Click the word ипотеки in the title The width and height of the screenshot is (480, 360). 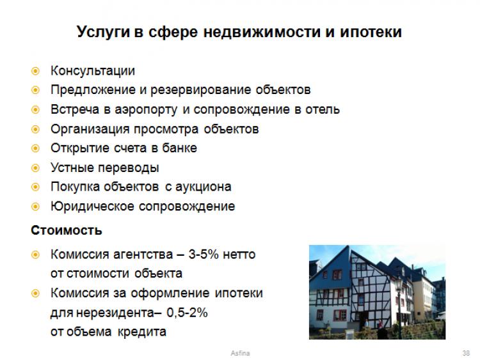371,32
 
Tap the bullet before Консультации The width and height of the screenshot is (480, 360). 35,71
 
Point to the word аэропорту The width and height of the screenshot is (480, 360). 146,110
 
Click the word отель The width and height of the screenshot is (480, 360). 323,109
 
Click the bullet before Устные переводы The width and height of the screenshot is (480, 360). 35,168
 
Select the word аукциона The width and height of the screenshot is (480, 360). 204,187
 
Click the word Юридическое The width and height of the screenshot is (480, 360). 92,207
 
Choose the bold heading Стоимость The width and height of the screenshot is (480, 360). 67,230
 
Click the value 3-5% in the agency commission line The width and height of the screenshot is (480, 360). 204,254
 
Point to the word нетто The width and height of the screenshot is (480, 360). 239,254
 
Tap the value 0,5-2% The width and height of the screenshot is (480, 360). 187,313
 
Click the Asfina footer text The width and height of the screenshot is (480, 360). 240,353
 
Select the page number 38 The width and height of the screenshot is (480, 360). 466,353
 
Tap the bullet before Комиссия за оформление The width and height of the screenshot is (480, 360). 35,293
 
